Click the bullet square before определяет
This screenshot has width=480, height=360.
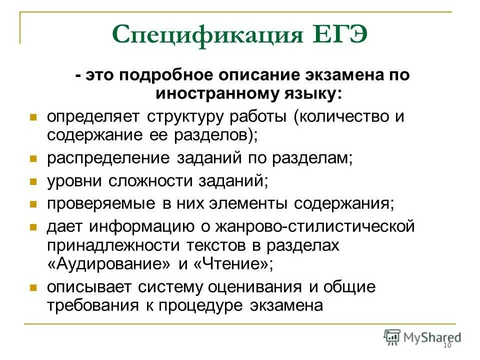click(x=33, y=117)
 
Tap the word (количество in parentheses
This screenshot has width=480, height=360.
click(x=344, y=117)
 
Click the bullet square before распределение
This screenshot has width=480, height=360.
click(x=33, y=158)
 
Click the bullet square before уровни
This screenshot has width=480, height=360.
click(x=33, y=181)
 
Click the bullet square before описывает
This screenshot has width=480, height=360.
click(x=33, y=288)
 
